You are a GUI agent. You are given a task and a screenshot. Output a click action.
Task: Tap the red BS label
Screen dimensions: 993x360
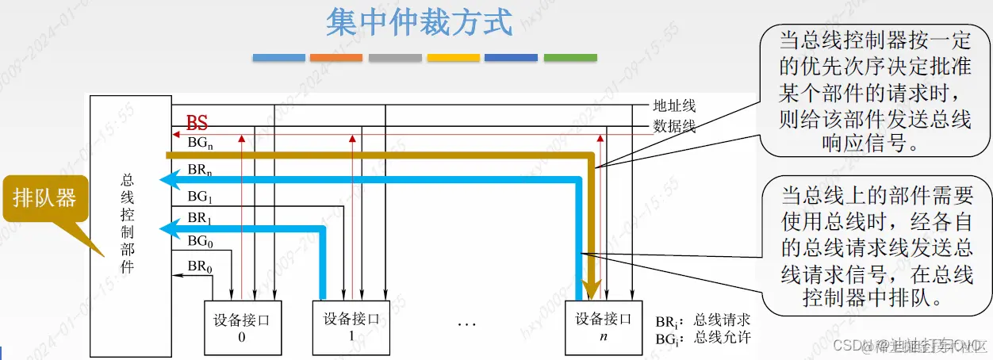[x=197, y=123]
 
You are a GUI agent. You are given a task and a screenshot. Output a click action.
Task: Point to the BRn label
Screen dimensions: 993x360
[x=199, y=170]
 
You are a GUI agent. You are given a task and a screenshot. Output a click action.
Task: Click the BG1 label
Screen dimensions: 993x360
[x=198, y=195]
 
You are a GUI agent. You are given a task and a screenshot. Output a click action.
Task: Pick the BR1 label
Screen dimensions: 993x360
[x=198, y=217]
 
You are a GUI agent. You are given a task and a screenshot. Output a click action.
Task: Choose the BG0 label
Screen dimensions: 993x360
[x=199, y=241]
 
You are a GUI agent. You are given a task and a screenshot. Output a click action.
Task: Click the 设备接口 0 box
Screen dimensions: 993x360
[x=242, y=327]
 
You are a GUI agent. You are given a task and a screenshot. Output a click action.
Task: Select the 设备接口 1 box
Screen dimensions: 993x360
[x=351, y=327]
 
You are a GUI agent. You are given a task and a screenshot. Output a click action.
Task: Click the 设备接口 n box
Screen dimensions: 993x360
[x=604, y=327]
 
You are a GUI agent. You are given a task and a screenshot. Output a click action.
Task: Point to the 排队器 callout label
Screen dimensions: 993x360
[x=45, y=197]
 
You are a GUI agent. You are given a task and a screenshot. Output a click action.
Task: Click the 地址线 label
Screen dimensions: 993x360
[x=674, y=105]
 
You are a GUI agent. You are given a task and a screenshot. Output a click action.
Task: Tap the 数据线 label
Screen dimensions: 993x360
[x=674, y=124]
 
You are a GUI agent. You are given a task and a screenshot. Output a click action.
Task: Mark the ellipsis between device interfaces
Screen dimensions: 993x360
[x=466, y=324]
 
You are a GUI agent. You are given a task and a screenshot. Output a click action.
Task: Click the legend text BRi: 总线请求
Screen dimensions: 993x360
[x=703, y=320]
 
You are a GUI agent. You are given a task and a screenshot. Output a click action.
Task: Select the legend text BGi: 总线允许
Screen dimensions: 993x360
[x=703, y=339]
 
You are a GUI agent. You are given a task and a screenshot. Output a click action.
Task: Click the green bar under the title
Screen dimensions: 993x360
[x=570, y=58]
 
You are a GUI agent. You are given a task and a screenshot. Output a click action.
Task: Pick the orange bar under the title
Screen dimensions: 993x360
[x=336, y=58]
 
